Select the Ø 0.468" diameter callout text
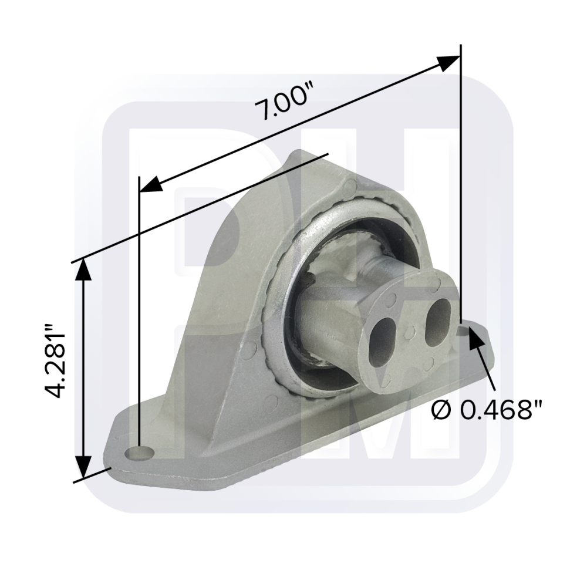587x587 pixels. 487,411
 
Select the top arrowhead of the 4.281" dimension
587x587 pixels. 83,269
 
